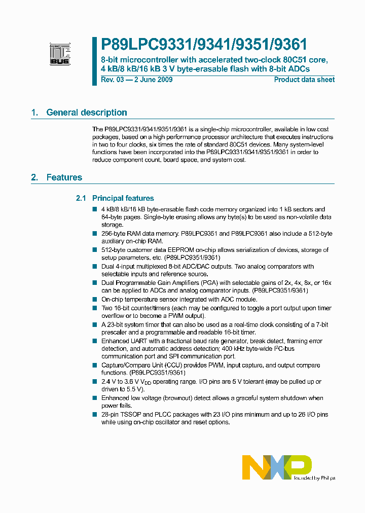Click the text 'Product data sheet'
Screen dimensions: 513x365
pyautogui.click(x=304, y=80)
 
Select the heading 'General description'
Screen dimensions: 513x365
pyautogui.click(x=87, y=113)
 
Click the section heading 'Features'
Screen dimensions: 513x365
pyautogui.click(x=64, y=177)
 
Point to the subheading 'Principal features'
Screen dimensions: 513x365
pyautogui.click(x=123, y=198)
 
